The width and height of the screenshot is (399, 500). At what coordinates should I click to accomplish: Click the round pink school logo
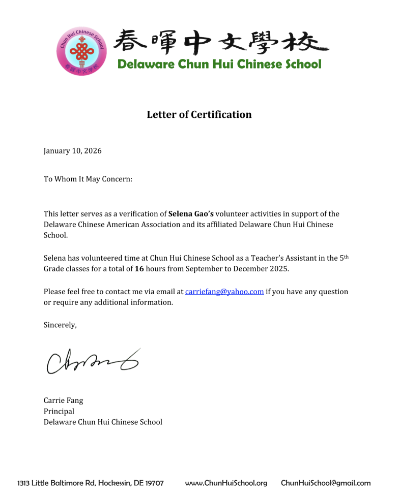[81, 50]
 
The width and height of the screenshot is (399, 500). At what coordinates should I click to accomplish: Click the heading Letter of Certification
[199, 114]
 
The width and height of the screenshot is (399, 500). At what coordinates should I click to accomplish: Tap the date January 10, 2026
[72, 151]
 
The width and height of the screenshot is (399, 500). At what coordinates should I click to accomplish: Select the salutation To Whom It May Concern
[88, 179]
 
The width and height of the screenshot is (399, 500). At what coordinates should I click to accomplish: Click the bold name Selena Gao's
[190, 214]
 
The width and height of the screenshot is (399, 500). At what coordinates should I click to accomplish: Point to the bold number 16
[139, 269]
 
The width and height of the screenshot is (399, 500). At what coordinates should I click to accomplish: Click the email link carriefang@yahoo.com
[224, 292]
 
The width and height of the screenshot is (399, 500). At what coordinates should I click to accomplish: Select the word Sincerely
[60, 325]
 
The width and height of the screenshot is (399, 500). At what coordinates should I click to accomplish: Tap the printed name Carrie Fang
[63, 400]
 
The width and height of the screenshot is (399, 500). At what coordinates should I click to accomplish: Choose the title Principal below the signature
[59, 411]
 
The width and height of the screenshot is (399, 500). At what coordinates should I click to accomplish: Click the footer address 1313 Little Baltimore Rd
[91, 483]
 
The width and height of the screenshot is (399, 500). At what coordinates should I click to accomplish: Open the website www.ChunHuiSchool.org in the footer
[226, 483]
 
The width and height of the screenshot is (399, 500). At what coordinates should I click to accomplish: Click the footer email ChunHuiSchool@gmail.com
[326, 483]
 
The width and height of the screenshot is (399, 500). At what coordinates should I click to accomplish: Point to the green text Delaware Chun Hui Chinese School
[219, 65]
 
